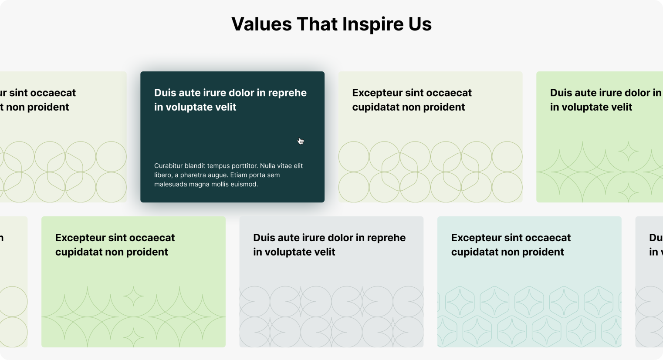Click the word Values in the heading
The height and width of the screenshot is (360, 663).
coord(262,24)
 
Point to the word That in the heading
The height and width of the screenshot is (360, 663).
coord(317,24)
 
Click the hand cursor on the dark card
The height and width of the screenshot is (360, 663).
coord(301,141)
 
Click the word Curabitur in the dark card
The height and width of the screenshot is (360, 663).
coord(168,166)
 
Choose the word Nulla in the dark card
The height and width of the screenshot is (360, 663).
coord(268,166)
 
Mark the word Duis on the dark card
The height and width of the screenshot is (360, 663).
coord(165,93)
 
